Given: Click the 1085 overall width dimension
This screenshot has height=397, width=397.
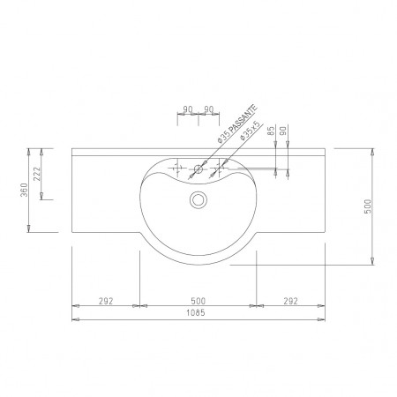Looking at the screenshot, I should tap(198, 314).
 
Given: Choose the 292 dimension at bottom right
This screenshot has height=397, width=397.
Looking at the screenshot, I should tap(289, 301).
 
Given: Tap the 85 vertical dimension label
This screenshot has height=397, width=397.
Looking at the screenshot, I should tap(268, 131).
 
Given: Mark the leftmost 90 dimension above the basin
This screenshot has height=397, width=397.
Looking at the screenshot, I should tap(187, 110).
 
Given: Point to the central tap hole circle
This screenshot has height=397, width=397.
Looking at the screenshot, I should tap(199, 166).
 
